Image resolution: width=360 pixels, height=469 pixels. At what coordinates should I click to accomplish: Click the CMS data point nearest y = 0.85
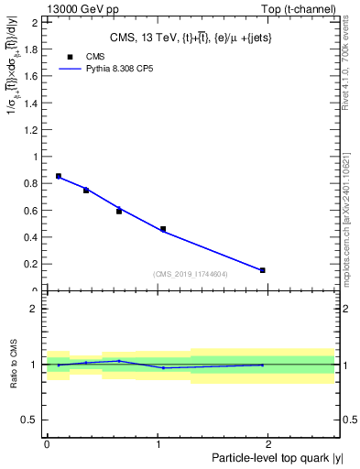coord(59,176)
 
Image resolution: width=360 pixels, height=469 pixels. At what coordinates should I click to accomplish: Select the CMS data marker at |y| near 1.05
coord(163,229)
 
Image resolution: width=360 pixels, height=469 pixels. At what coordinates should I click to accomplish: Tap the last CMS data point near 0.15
coord(263,270)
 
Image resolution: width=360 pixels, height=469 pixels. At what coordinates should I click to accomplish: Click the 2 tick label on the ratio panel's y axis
coord(37,309)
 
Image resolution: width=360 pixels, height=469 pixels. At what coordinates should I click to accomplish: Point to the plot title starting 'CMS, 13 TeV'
coord(188,37)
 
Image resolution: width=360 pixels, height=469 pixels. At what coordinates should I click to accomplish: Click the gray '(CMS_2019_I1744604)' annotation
coord(191,274)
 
